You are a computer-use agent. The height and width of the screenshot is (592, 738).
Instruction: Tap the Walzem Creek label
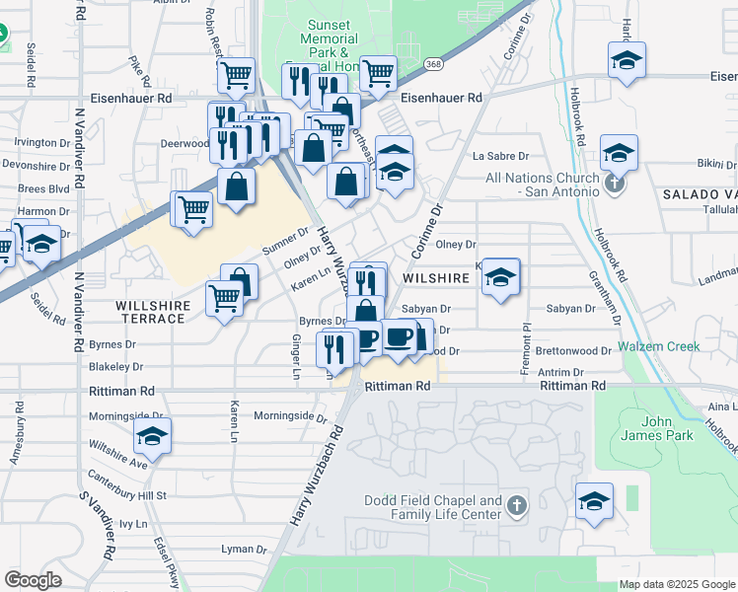[659, 346]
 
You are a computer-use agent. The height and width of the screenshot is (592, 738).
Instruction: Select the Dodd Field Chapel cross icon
[516, 507]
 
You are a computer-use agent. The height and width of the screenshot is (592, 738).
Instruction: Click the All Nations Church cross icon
[614, 183]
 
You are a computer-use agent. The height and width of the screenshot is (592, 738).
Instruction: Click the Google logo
[33, 580]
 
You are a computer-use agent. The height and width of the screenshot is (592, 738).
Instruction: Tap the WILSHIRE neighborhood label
[440, 279]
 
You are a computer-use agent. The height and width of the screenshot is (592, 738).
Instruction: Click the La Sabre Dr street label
[501, 156]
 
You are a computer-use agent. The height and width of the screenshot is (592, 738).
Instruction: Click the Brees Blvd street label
[43, 188]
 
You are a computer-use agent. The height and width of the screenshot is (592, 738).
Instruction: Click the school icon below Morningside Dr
[153, 436]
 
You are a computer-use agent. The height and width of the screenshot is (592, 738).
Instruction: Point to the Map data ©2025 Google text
[677, 584]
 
